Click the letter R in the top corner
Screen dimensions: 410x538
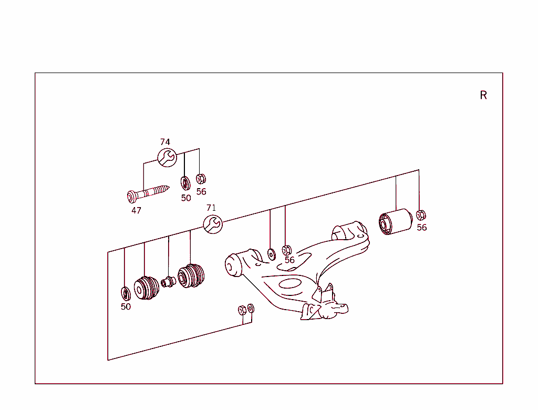tap(483, 95)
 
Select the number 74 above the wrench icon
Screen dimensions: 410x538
tap(165, 142)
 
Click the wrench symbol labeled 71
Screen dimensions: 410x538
tap(213, 224)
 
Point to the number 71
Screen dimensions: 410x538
tap(211, 208)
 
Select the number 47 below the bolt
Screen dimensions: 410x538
tap(136, 210)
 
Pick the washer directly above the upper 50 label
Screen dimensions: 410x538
tap(185, 183)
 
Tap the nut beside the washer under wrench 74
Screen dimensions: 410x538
tap(200, 179)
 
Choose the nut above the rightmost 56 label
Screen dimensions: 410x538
tap(420, 215)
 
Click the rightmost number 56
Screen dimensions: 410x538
tap(422, 228)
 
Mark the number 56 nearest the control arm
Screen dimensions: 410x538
tap(289, 260)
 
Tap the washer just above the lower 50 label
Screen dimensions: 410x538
tap(126, 293)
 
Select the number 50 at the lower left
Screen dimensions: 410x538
tap(126, 307)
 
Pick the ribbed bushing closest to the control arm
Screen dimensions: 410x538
tap(191, 276)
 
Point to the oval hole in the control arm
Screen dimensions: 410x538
tap(288, 284)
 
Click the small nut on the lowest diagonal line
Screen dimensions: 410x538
tap(242, 310)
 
